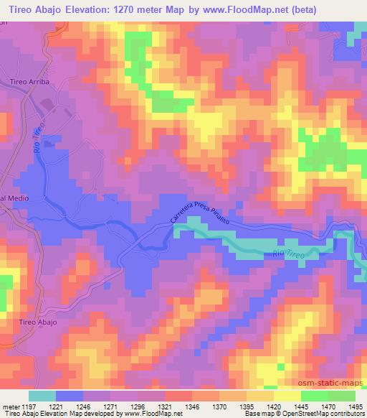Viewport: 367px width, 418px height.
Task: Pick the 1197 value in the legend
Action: coord(28,406)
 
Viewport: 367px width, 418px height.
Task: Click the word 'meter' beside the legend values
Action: coord(9,406)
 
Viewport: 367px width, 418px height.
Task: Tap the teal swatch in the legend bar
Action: coord(42,395)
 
